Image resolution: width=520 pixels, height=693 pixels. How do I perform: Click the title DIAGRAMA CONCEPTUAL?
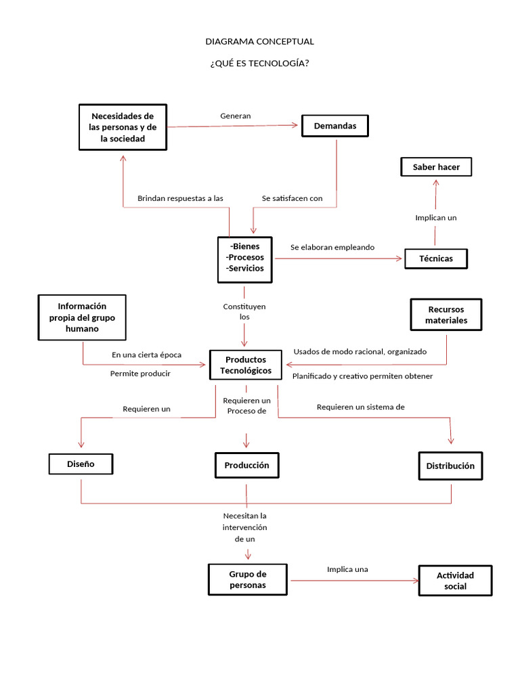point(259,41)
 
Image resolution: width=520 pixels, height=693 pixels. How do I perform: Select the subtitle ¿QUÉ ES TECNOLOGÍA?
point(259,64)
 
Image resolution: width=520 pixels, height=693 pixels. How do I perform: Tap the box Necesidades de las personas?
point(123,127)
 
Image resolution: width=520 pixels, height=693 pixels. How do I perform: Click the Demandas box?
point(334,126)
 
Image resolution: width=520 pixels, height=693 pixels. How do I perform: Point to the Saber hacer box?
point(436,166)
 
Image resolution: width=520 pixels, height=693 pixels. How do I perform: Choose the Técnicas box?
point(436,259)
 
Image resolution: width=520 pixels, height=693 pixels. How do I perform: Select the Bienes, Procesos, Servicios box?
point(246,258)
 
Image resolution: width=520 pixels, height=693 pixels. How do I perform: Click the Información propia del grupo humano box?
point(82,317)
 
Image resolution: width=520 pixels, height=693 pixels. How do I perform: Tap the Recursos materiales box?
point(446,315)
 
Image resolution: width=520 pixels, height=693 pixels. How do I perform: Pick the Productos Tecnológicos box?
point(246,365)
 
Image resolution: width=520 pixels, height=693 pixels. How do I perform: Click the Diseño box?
point(81,464)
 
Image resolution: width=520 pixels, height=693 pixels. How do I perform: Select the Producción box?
point(246,465)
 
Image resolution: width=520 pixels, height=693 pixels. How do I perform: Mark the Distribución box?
point(450,466)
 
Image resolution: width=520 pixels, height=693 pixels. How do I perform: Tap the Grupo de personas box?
point(247,579)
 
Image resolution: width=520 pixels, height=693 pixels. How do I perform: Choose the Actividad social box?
point(455,580)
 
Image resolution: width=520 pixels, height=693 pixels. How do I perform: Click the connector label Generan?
point(235,116)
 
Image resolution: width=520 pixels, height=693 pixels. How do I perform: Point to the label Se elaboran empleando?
point(332,248)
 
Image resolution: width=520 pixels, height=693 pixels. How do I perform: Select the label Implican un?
point(435,218)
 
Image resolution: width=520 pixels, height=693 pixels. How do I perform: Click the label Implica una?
point(347,569)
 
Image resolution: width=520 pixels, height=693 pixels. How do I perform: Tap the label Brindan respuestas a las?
point(180,198)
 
